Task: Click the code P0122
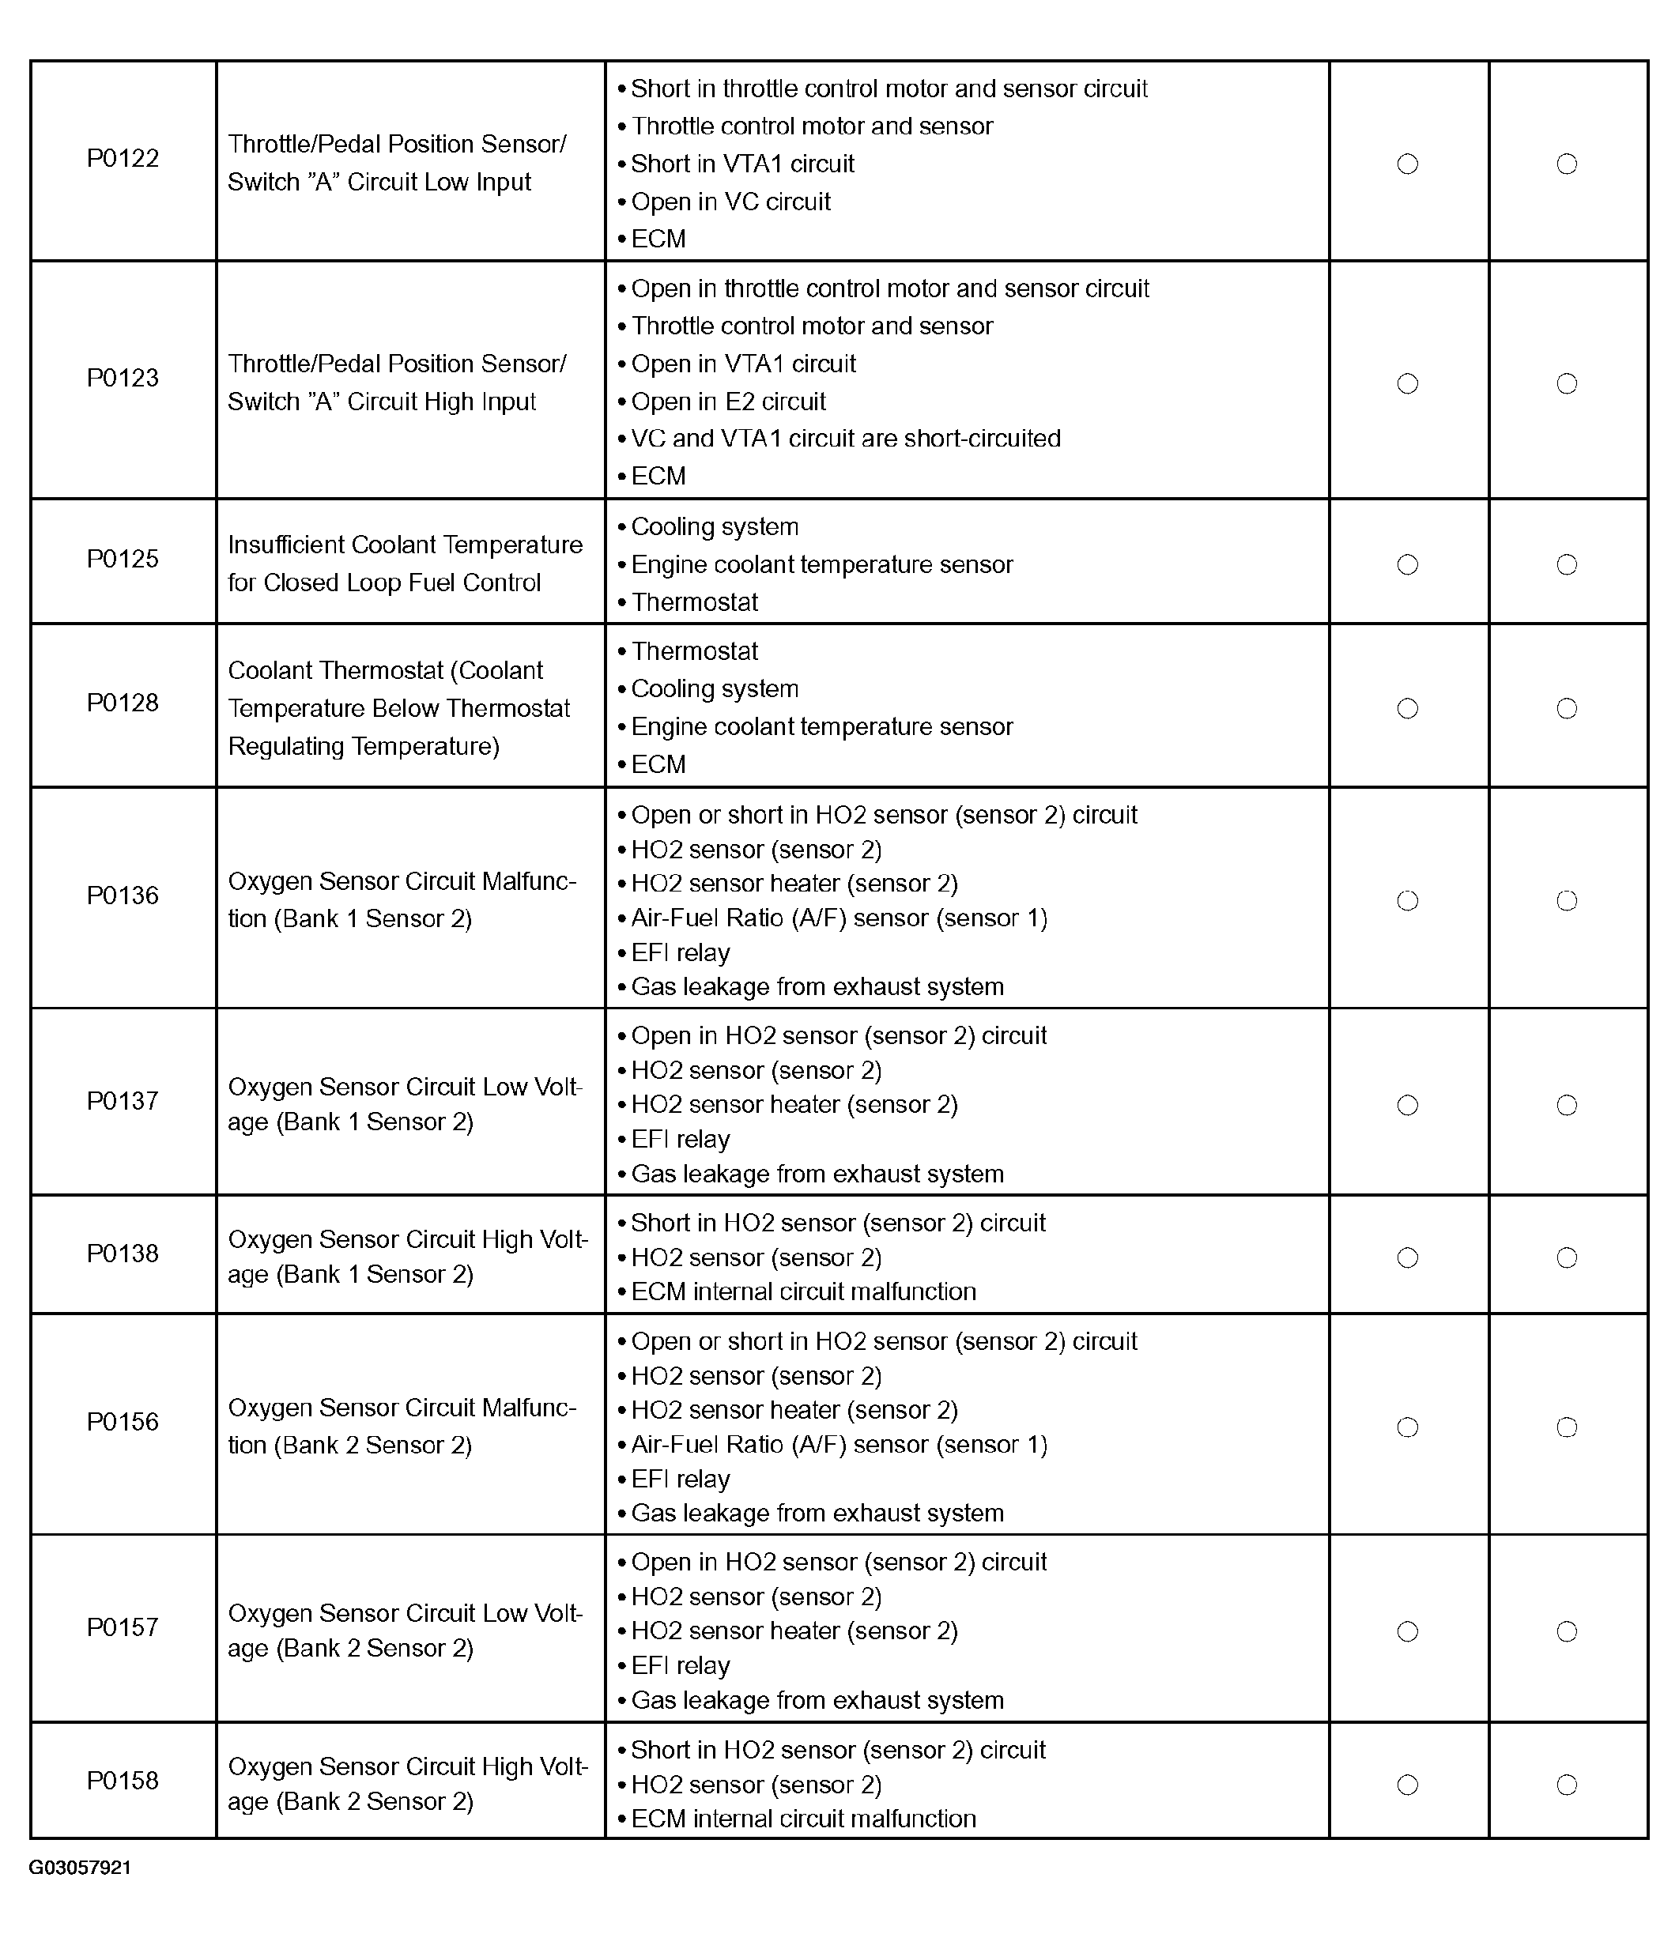click(x=123, y=158)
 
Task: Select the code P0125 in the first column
click(x=123, y=559)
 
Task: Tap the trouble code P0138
click(x=123, y=1254)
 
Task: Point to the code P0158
click(x=123, y=1781)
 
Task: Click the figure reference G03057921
click(x=80, y=1868)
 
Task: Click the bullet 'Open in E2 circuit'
click(x=728, y=402)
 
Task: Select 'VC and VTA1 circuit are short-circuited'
click(x=845, y=439)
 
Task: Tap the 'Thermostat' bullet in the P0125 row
click(x=694, y=602)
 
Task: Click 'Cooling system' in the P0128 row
click(x=714, y=689)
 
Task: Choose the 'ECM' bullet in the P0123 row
click(x=658, y=477)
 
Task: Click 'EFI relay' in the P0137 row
click(x=681, y=1140)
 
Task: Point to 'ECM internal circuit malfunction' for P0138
click(x=803, y=1291)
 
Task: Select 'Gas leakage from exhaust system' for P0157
click(x=817, y=1700)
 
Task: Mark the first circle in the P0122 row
click(x=1407, y=164)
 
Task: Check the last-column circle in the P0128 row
click(x=1567, y=709)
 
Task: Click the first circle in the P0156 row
click(x=1407, y=1427)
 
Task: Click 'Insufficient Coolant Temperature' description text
click(x=405, y=545)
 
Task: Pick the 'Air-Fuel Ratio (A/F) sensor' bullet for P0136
click(x=839, y=918)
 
